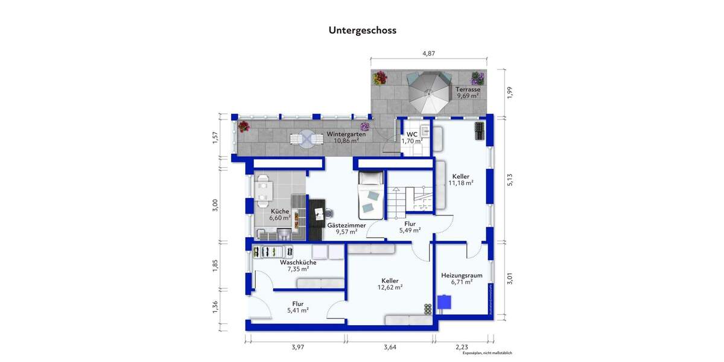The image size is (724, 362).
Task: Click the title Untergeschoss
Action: click(x=362, y=30)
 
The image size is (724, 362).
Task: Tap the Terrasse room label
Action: click(x=468, y=89)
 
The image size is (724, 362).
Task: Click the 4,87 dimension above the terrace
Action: click(x=428, y=53)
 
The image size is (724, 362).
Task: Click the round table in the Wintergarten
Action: click(x=306, y=139)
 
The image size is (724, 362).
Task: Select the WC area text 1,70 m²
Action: click(x=412, y=141)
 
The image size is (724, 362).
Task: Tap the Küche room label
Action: click(x=279, y=211)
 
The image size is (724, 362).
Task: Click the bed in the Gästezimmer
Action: click(x=370, y=195)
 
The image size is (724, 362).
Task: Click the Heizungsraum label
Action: click(x=462, y=275)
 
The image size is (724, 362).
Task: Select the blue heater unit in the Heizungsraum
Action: click(x=445, y=301)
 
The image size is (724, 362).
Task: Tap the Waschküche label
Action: click(x=298, y=262)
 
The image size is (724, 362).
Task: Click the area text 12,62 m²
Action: click(x=390, y=287)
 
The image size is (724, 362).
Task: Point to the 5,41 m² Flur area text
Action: click(x=298, y=310)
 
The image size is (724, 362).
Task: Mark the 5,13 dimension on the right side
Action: click(x=510, y=180)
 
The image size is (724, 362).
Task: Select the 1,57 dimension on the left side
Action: click(x=215, y=138)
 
